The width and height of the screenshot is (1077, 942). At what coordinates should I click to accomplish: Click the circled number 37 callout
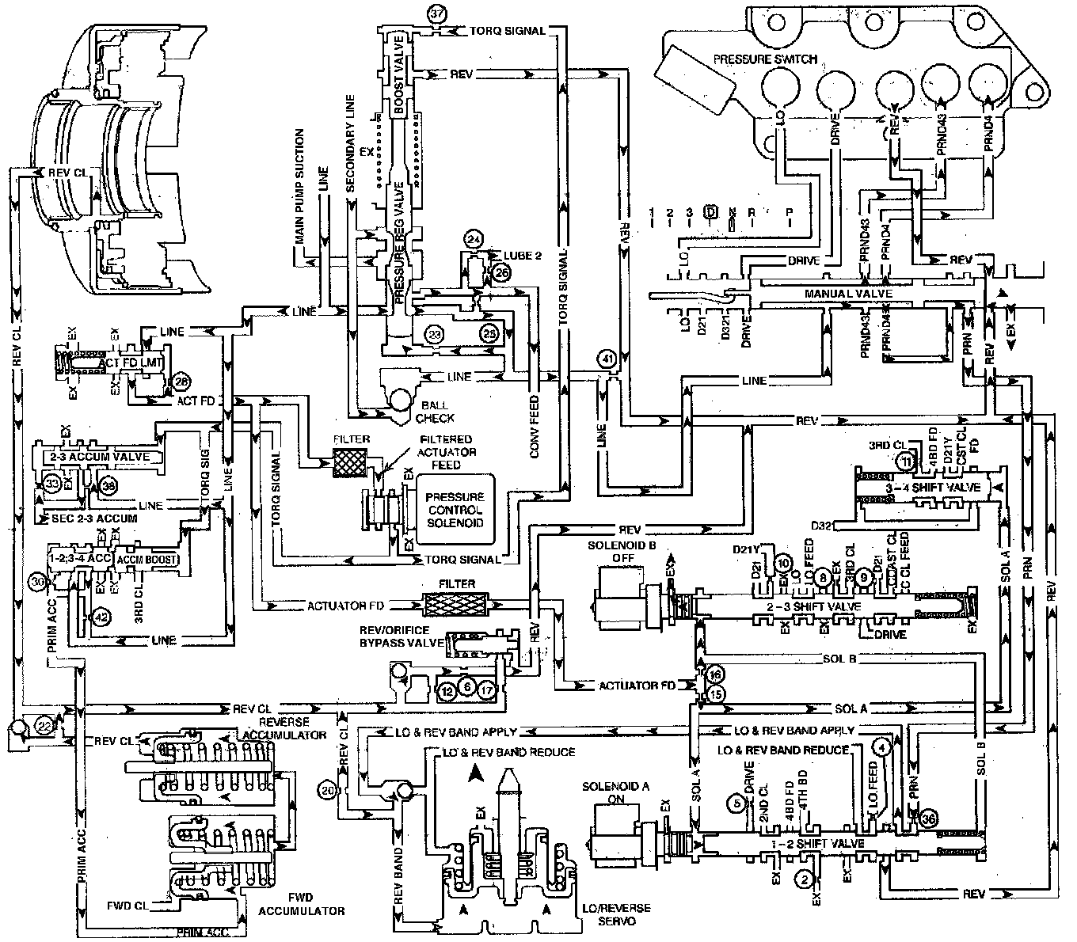[x=436, y=13]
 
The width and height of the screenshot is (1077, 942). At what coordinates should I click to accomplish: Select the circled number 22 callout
[x=45, y=723]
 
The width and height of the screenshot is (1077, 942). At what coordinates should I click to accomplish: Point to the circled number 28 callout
[x=181, y=382]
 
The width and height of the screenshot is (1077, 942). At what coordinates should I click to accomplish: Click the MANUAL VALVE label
[x=860, y=293]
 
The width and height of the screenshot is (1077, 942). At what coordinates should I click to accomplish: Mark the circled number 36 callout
[x=927, y=820]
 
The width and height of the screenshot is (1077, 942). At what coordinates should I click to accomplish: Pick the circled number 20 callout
[x=329, y=789]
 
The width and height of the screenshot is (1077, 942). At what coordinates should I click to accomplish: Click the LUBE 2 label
[x=522, y=255]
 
